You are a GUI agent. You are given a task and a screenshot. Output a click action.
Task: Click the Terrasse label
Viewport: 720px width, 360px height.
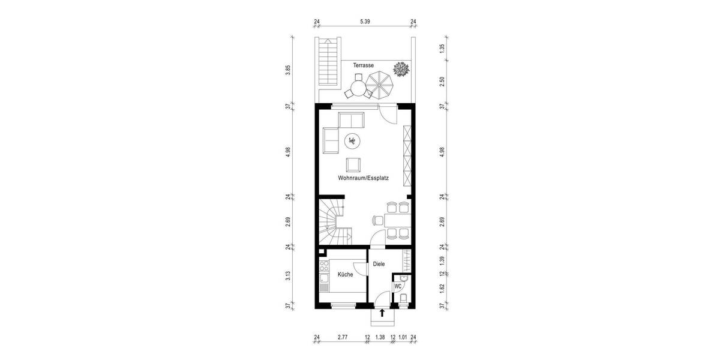click(x=364, y=65)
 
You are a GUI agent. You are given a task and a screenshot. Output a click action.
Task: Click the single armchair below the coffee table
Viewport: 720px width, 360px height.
click(x=353, y=165)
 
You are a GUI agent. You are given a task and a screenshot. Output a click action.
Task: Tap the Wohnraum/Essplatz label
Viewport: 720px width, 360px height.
click(x=363, y=178)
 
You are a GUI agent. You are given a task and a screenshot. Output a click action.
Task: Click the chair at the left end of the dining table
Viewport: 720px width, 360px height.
click(x=378, y=220)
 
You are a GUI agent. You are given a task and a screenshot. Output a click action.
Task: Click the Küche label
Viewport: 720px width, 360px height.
click(x=345, y=274)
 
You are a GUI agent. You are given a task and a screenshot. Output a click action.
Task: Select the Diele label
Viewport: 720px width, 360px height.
click(x=379, y=264)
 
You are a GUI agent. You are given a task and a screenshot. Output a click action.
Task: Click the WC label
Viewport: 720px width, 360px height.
click(x=397, y=287)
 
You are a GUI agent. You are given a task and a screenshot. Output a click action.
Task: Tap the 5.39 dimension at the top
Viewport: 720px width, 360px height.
click(x=364, y=22)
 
